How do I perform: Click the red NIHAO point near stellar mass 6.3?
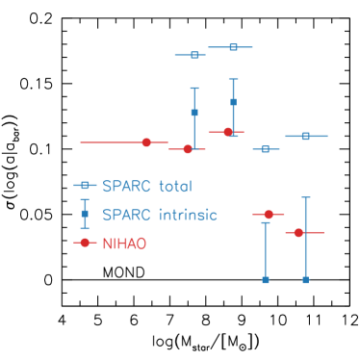(x=146, y=142)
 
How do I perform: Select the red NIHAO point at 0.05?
(x=269, y=214)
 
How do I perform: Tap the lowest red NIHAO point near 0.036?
(x=298, y=233)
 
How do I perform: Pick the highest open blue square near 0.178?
(x=234, y=47)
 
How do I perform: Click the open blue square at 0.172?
(x=194, y=55)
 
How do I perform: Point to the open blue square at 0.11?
(x=306, y=136)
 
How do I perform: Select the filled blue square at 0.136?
(x=234, y=102)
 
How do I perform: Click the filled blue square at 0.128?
(x=194, y=113)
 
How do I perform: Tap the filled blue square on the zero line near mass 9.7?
(x=266, y=280)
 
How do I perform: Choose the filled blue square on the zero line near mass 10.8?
(x=306, y=280)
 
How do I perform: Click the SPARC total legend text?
(x=147, y=186)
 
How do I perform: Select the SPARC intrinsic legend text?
(x=160, y=215)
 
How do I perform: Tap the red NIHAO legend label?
(x=124, y=244)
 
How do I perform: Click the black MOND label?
(x=124, y=272)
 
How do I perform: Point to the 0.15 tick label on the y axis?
(x=36, y=84)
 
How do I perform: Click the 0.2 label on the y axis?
(x=40, y=18)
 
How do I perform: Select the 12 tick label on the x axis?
(x=349, y=321)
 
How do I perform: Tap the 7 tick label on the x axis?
(x=169, y=321)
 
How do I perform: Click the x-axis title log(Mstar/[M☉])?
(x=206, y=343)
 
